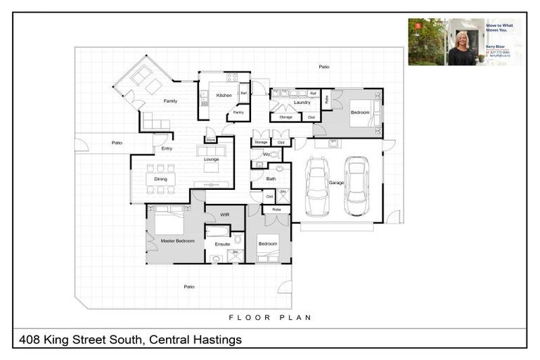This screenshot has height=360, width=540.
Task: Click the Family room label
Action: click(170, 101)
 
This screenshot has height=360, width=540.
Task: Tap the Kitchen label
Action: click(224, 96)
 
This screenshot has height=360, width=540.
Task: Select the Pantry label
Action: click(238, 112)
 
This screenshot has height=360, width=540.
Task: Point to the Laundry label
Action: click(302, 103)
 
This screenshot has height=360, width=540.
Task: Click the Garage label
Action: click(336, 183)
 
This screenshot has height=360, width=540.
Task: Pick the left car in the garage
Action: click(316, 186)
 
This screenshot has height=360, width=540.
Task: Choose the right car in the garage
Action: click(356, 186)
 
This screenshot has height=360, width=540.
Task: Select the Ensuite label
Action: click(222, 244)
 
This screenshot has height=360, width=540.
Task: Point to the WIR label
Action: click(225, 214)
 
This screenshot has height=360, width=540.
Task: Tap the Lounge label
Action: click(211, 160)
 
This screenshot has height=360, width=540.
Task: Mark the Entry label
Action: click(167, 148)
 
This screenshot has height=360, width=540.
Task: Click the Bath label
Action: click(271, 179)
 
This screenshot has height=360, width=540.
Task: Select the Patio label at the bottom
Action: click(189, 287)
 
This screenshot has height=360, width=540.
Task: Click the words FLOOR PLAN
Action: click(270, 318)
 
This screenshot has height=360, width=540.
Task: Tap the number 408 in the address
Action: click(29, 340)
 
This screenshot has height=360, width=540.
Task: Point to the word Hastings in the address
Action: click(218, 340)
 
